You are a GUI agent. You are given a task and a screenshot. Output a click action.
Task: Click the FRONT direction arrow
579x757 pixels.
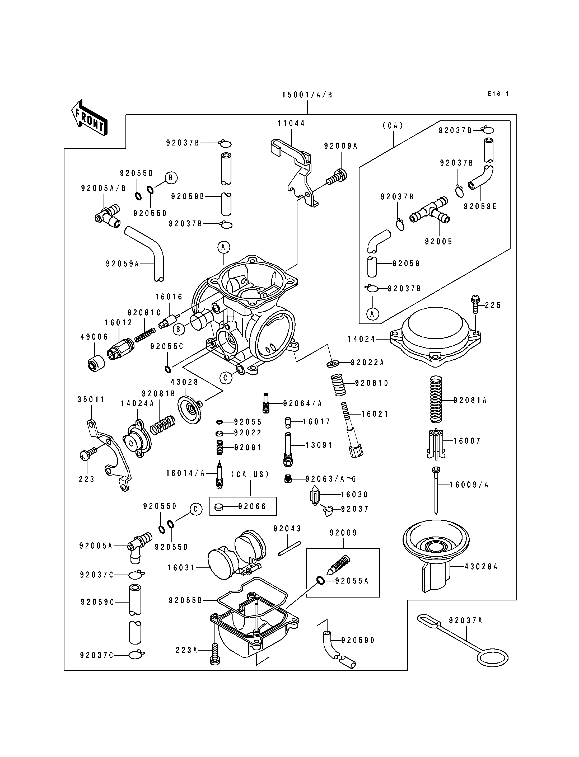[89, 117]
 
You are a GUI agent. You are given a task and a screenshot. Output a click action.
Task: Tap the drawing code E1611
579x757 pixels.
[498, 94]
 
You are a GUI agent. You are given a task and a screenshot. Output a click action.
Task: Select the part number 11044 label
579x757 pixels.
[291, 123]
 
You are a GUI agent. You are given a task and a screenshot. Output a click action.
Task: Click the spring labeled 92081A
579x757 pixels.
[436, 399]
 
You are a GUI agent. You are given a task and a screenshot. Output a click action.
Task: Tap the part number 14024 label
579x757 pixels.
[361, 339]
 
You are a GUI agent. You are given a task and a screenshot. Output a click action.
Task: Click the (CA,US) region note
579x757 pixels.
[250, 474]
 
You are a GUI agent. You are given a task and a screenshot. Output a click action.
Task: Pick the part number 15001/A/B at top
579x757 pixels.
[307, 95]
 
